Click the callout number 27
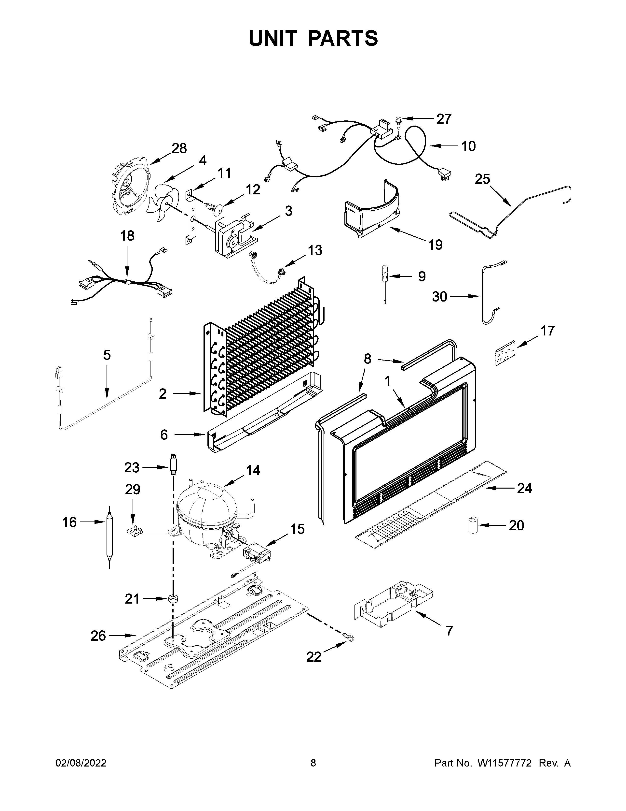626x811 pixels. tap(444, 119)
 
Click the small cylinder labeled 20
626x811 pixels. tap(473, 525)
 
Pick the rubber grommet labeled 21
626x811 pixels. tap(173, 599)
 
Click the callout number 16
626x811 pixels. tap(69, 522)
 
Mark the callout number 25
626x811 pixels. tap(482, 179)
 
